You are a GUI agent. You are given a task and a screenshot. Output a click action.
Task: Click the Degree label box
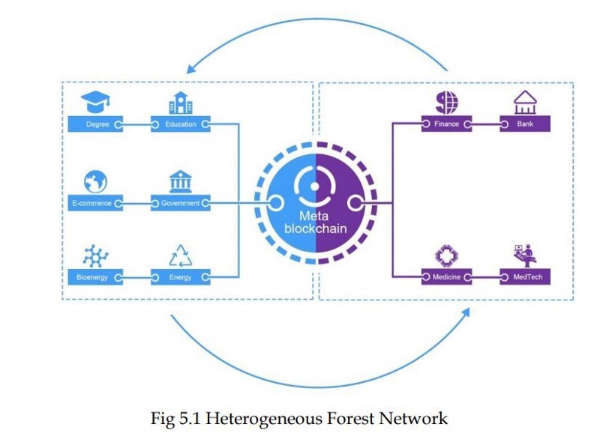click(95, 124)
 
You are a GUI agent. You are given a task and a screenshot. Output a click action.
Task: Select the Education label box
click(181, 124)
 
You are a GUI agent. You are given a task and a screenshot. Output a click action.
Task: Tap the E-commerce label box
click(94, 203)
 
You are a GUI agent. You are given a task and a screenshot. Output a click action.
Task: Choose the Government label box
click(181, 203)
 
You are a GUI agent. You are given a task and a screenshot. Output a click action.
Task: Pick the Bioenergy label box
click(94, 278)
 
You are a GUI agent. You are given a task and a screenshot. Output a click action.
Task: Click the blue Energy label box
click(181, 278)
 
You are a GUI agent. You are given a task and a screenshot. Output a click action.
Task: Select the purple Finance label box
click(446, 124)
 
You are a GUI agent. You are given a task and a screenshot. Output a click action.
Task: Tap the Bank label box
click(525, 124)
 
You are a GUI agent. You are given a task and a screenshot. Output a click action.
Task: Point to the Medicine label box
click(446, 277)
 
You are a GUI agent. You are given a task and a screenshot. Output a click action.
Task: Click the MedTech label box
click(525, 277)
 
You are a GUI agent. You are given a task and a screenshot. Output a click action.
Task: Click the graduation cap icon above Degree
click(95, 101)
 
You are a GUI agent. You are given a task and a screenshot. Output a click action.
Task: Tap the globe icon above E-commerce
click(95, 181)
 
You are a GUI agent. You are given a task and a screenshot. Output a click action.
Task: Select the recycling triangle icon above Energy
click(181, 256)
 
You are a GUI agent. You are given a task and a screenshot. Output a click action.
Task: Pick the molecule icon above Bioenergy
click(95, 256)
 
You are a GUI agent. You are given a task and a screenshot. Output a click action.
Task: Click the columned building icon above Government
click(181, 181)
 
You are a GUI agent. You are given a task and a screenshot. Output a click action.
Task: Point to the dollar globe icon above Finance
click(446, 101)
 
